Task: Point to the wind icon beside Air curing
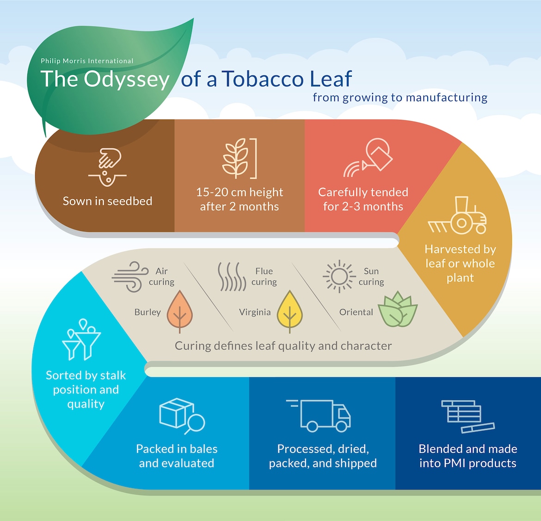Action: pyautogui.click(x=128, y=277)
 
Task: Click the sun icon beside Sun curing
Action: pyautogui.click(x=339, y=276)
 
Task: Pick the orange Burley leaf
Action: pyautogui.click(x=179, y=311)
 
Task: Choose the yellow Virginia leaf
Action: pyautogui.click(x=289, y=311)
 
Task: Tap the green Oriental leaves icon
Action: pyautogui.click(x=397, y=310)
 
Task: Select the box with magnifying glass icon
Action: pyautogui.click(x=181, y=416)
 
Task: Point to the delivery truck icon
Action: pyautogui.click(x=319, y=415)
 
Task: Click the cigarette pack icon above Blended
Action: pyautogui.click(x=466, y=416)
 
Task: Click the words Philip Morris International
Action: pyautogui.click(x=87, y=61)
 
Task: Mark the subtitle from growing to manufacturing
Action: pyautogui.click(x=400, y=98)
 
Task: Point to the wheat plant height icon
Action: pyautogui.click(x=240, y=158)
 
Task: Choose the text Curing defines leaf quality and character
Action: pyautogui.click(x=283, y=346)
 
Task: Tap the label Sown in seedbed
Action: pyautogui.click(x=107, y=201)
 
